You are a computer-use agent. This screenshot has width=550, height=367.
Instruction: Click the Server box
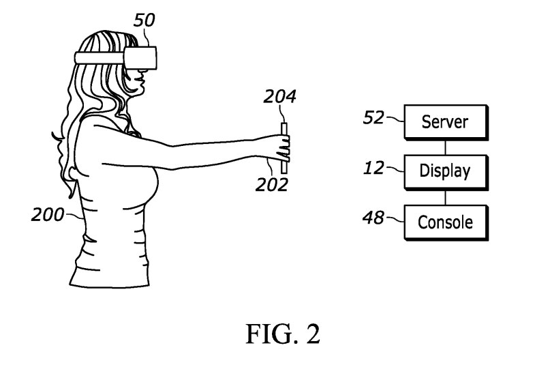tap(446, 122)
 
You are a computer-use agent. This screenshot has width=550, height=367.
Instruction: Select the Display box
tap(446, 172)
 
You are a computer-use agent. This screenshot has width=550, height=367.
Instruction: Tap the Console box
tap(446, 222)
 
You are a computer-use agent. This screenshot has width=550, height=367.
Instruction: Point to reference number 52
tap(373, 117)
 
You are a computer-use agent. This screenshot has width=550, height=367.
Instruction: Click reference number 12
tap(374, 168)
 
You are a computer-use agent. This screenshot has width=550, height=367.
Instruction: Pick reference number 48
tap(373, 218)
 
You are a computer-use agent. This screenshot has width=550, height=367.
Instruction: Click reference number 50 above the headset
tap(144, 20)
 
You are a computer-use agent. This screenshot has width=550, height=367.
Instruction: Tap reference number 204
tap(280, 97)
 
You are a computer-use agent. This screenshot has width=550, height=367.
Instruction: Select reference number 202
tap(272, 185)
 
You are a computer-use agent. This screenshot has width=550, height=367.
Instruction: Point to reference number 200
tap(48, 215)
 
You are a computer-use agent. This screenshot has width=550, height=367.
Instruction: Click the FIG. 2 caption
tap(283, 334)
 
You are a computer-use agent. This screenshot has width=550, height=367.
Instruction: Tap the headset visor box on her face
tap(140, 57)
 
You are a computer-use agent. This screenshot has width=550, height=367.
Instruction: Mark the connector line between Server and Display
tap(446, 147)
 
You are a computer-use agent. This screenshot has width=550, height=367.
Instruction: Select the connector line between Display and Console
tap(446, 198)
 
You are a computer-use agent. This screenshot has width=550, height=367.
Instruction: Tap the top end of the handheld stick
tap(284, 123)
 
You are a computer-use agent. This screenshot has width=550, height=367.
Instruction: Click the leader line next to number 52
tap(395, 119)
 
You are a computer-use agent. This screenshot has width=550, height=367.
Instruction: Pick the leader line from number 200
tap(74, 216)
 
